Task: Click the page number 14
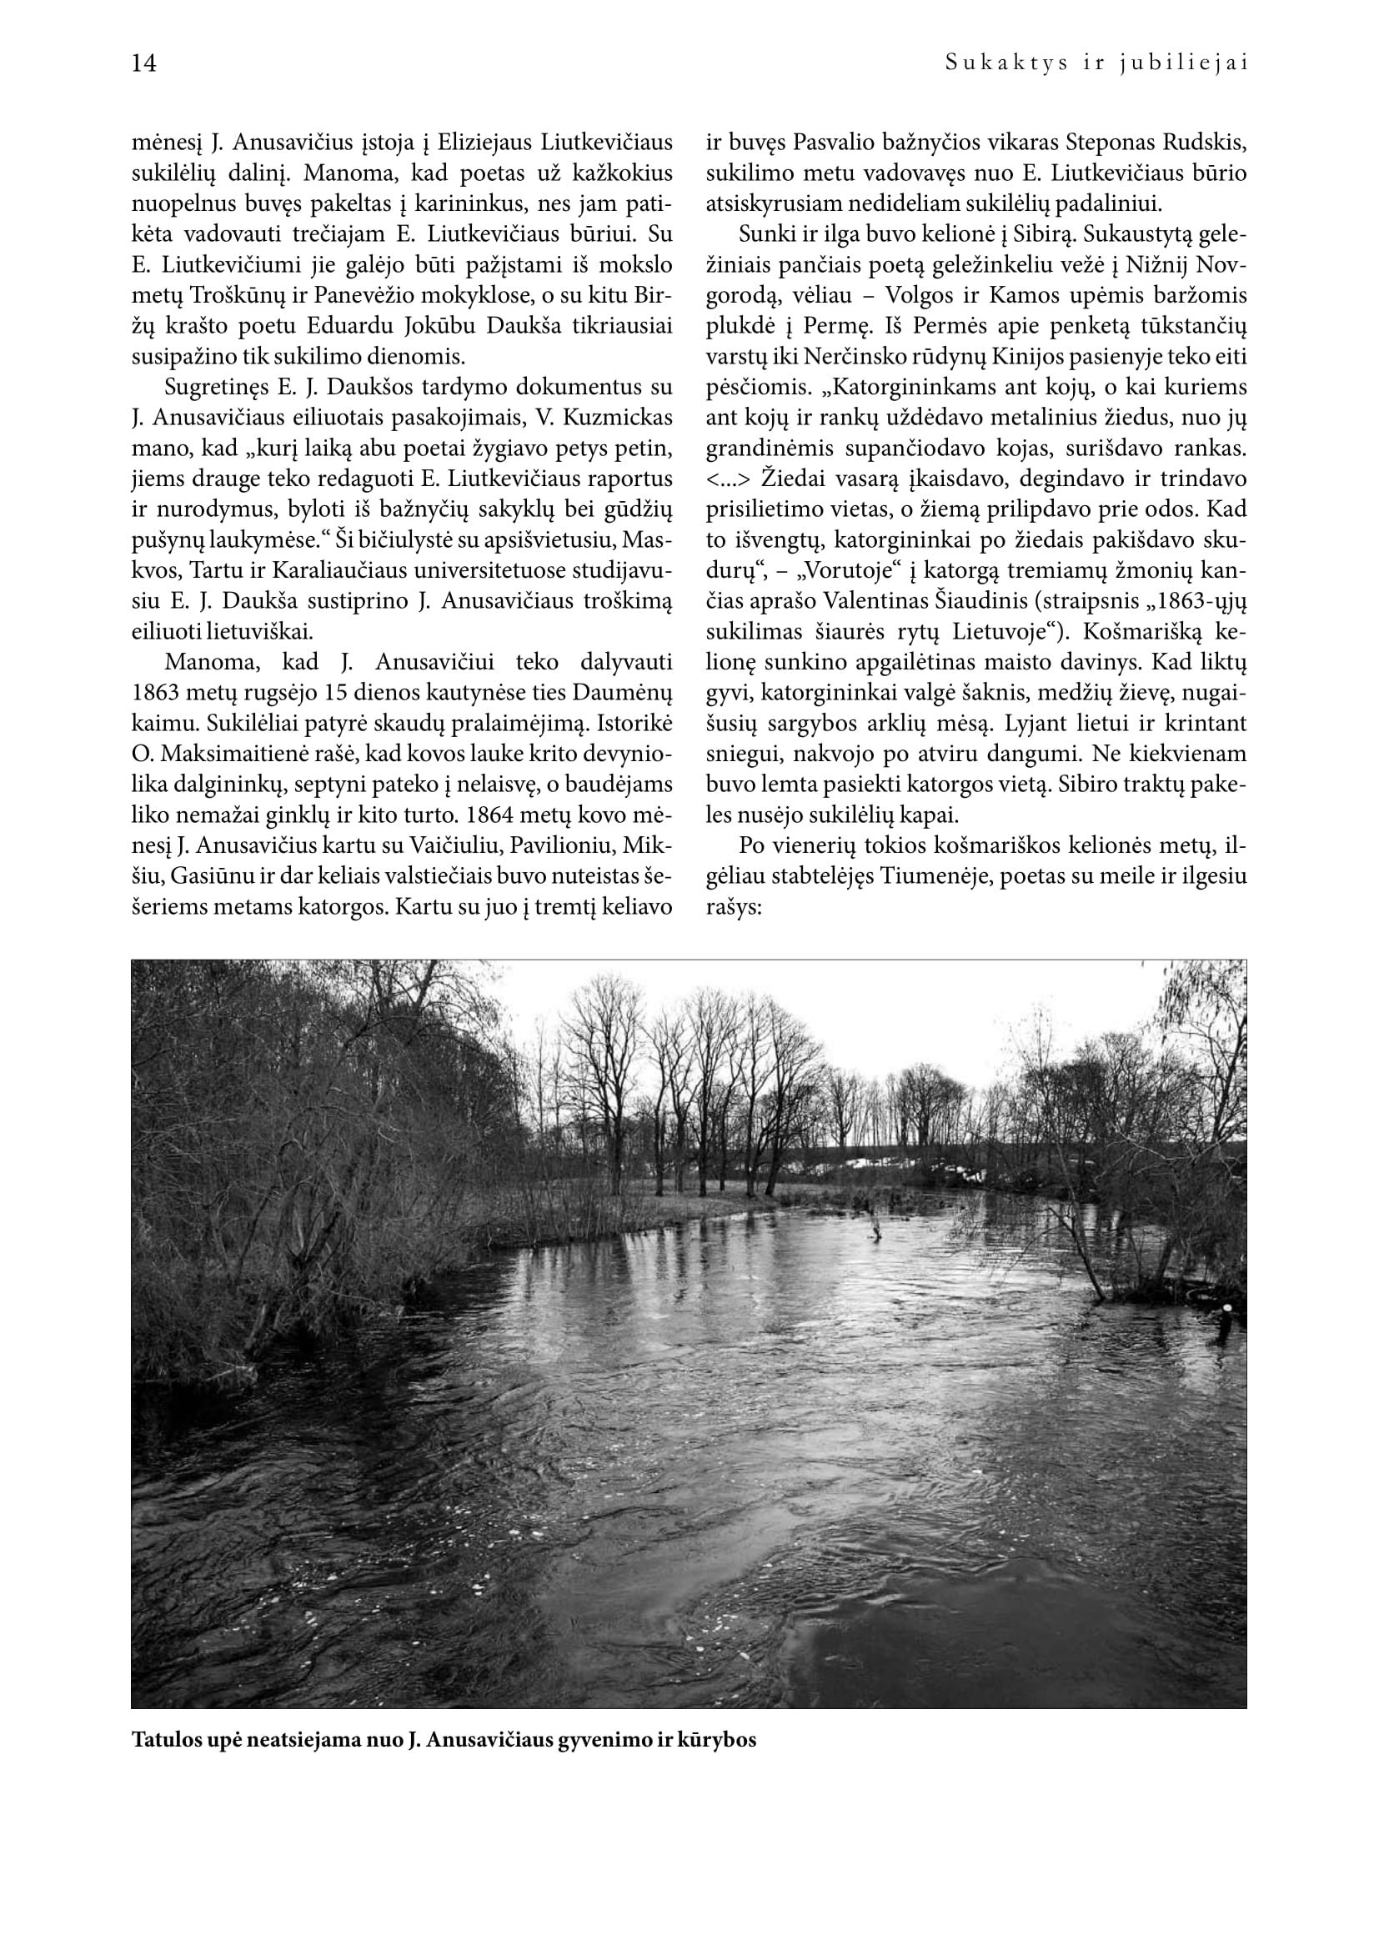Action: [144, 63]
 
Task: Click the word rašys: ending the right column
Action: [735, 907]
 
